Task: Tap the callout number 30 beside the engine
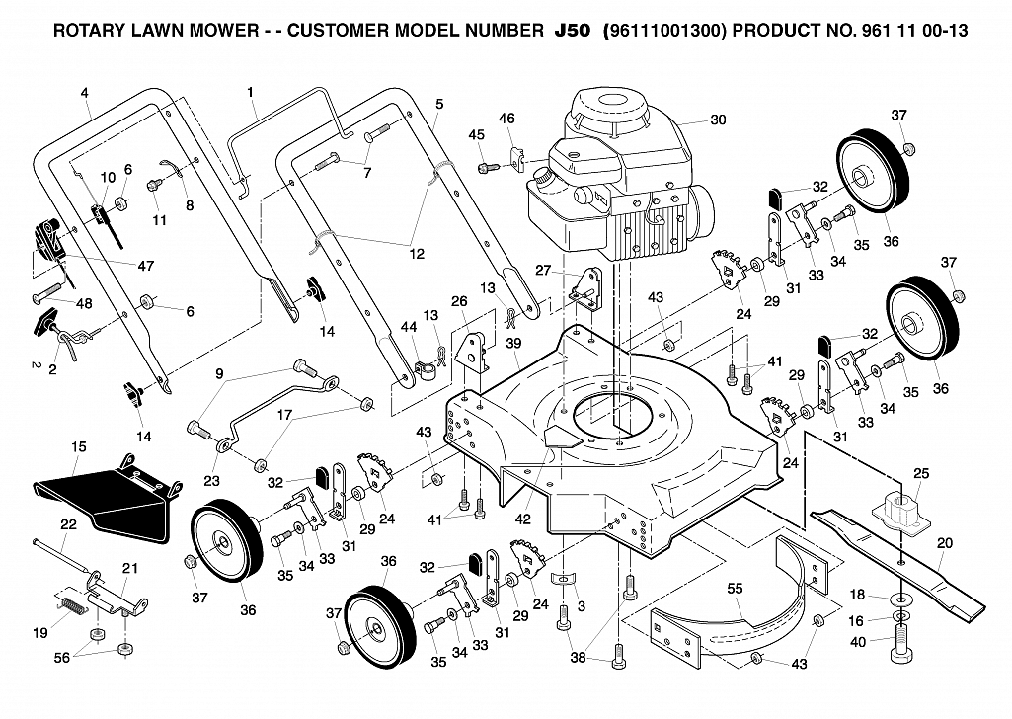click(718, 120)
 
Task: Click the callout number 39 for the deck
click(513, 344)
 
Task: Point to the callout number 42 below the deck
click(522, 519)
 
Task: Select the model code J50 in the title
click(572, 31)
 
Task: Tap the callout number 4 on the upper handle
click(85, 93)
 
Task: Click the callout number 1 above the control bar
click(251, 92)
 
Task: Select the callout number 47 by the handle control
click(146, 266)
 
